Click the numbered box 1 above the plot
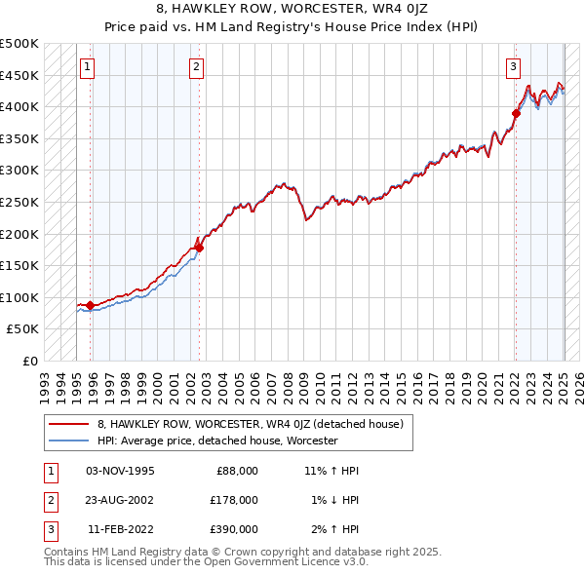click(x=88, y=67)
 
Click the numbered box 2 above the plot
click(x=197, y=67)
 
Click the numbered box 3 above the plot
click(x=513, y=67)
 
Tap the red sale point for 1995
click(x=91, y=305)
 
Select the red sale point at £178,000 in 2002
click(x=199, y=248)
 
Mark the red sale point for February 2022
click(x=516, y=113)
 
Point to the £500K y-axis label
click(x=19, y=44)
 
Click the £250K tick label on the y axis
click(x=19, y=202)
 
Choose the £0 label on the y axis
click(x=30, y=361)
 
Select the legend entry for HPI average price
click(x=216, y=441)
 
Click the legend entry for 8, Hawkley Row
click(x=255, y=424)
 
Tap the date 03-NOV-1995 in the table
click(x=120, y=470)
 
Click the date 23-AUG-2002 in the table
click(x=120, y=499)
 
